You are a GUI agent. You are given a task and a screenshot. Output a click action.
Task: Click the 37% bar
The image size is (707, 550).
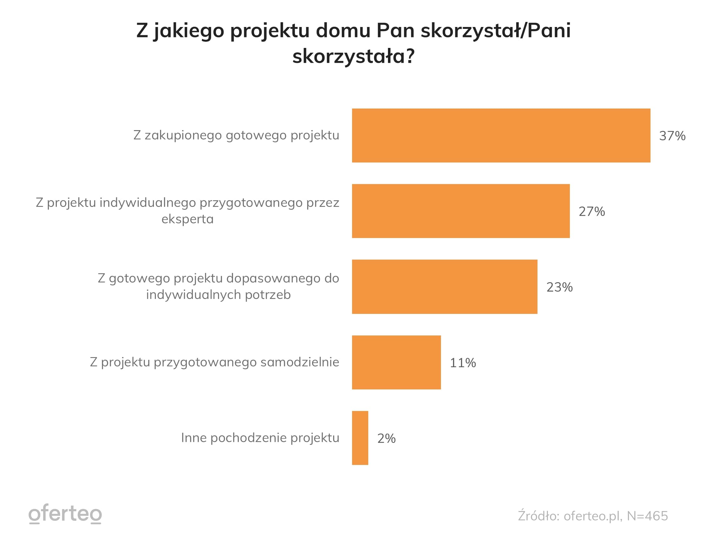click(501, 136)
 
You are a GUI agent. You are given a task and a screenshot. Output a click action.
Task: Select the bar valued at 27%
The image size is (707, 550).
click(461, 211)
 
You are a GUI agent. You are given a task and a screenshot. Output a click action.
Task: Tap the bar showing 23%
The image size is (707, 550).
click(444, 287)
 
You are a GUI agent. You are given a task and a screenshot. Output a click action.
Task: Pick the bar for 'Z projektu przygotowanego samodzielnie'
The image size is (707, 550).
click(396, 362)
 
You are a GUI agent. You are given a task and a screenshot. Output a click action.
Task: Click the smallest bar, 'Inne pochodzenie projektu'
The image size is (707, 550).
click(360, 438)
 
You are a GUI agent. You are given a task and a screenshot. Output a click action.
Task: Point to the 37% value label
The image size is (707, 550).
click(672, 136)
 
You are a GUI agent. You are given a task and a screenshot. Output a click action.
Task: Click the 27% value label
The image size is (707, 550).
click(591, 212)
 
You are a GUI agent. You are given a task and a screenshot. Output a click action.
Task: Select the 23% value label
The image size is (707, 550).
click(559, 287)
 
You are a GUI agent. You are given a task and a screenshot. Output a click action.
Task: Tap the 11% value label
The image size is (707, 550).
click(463, 363)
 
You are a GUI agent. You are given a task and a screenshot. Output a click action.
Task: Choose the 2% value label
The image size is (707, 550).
click(386, 438)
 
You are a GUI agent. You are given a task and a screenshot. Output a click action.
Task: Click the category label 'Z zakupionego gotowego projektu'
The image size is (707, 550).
click(236, 135)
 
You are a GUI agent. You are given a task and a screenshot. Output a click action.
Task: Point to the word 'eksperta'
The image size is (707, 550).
click(187, 219)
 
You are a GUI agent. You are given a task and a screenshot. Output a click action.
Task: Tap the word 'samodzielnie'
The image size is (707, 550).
click(300, 362)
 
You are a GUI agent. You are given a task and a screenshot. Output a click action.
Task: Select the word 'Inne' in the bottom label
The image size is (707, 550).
click(194, 438)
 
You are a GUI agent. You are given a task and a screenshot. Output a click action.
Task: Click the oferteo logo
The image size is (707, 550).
click(65, 514)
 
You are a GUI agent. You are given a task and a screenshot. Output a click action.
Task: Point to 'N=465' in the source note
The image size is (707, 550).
click(647, 516)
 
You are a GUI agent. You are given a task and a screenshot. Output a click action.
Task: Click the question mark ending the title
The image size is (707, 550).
click(410, 56)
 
